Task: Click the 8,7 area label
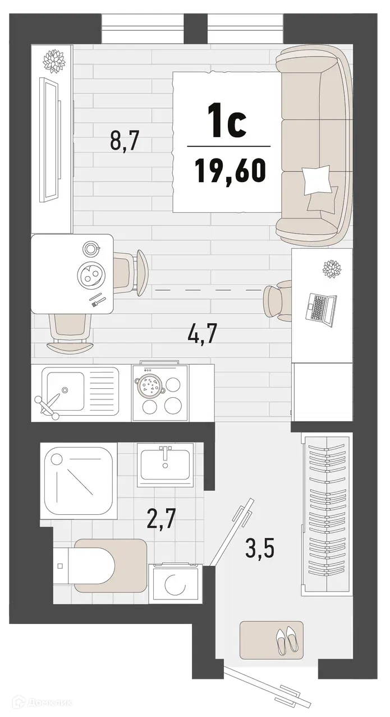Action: point(124,141)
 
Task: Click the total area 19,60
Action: point(230,170)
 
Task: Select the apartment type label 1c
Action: point(227,124)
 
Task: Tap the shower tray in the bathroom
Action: point(79,479)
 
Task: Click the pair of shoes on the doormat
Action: point(286,639)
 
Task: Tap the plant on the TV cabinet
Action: point(54,58)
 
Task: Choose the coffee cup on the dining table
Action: point(90,248)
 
